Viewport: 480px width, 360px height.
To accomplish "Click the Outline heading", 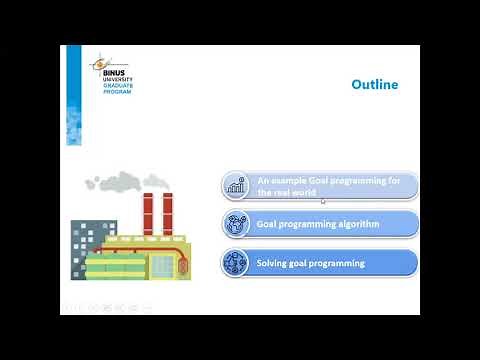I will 374,85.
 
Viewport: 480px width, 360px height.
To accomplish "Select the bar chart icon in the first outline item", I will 237,186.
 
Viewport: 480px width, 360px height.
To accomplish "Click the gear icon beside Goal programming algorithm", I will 237,224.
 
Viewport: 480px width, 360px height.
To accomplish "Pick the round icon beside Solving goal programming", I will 237,263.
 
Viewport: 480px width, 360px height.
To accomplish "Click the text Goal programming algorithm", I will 317,224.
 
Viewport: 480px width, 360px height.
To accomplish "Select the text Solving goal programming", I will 310,263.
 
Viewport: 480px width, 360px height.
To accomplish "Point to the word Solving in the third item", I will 272,263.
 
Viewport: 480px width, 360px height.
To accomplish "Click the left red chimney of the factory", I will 147,213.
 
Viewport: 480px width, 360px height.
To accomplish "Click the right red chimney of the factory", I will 167,212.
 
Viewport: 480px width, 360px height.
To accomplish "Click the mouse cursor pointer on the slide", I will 322,202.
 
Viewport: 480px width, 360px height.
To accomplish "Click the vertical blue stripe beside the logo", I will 73,95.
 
